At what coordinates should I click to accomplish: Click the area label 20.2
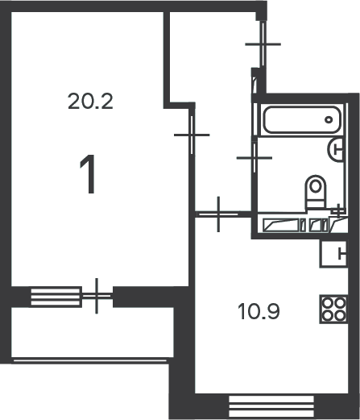click(90, 101)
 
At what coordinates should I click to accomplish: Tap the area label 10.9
click(259, 311)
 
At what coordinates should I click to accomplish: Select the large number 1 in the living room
click(88, 174)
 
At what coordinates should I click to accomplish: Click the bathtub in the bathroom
click(302, 119)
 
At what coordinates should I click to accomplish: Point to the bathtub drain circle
click(329, 120)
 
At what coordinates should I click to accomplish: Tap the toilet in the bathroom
click(316, 191)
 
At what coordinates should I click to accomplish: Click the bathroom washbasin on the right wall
click(336, 150)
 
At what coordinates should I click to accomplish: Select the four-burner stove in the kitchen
click(333, 309)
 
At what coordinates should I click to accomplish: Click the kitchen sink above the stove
click(333, 254)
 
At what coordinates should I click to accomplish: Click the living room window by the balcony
click(56, 297)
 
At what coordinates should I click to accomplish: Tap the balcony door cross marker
click(97, 296)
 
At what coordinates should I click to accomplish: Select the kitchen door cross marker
click(218, 214)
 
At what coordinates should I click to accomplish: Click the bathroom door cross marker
click(254, 158)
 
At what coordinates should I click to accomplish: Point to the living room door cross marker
click(192, 135)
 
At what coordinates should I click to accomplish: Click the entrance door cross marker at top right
click(263, 44)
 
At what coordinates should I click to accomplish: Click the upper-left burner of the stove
click(327, 303)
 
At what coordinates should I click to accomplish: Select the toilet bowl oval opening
click(316, 185)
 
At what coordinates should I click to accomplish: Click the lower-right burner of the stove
click(339, 315)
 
